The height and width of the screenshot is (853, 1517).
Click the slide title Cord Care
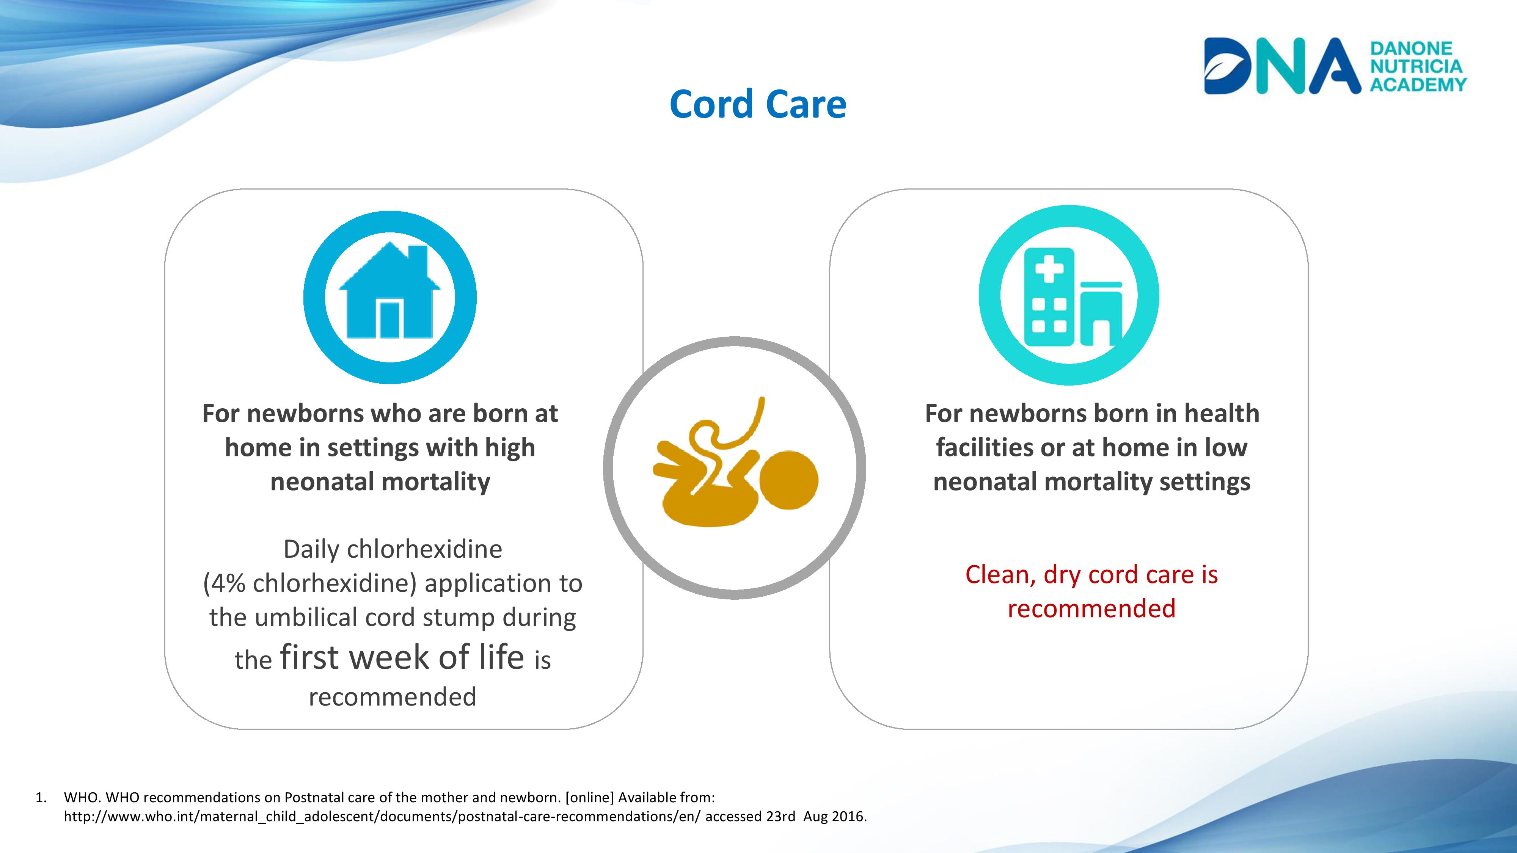click(x=758, y=104)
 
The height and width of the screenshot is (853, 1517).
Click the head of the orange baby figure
click(x=788, y=480)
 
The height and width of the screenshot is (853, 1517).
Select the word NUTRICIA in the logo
click(x=1416, y=66)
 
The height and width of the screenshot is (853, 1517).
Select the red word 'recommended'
click(x=1091, y=609)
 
